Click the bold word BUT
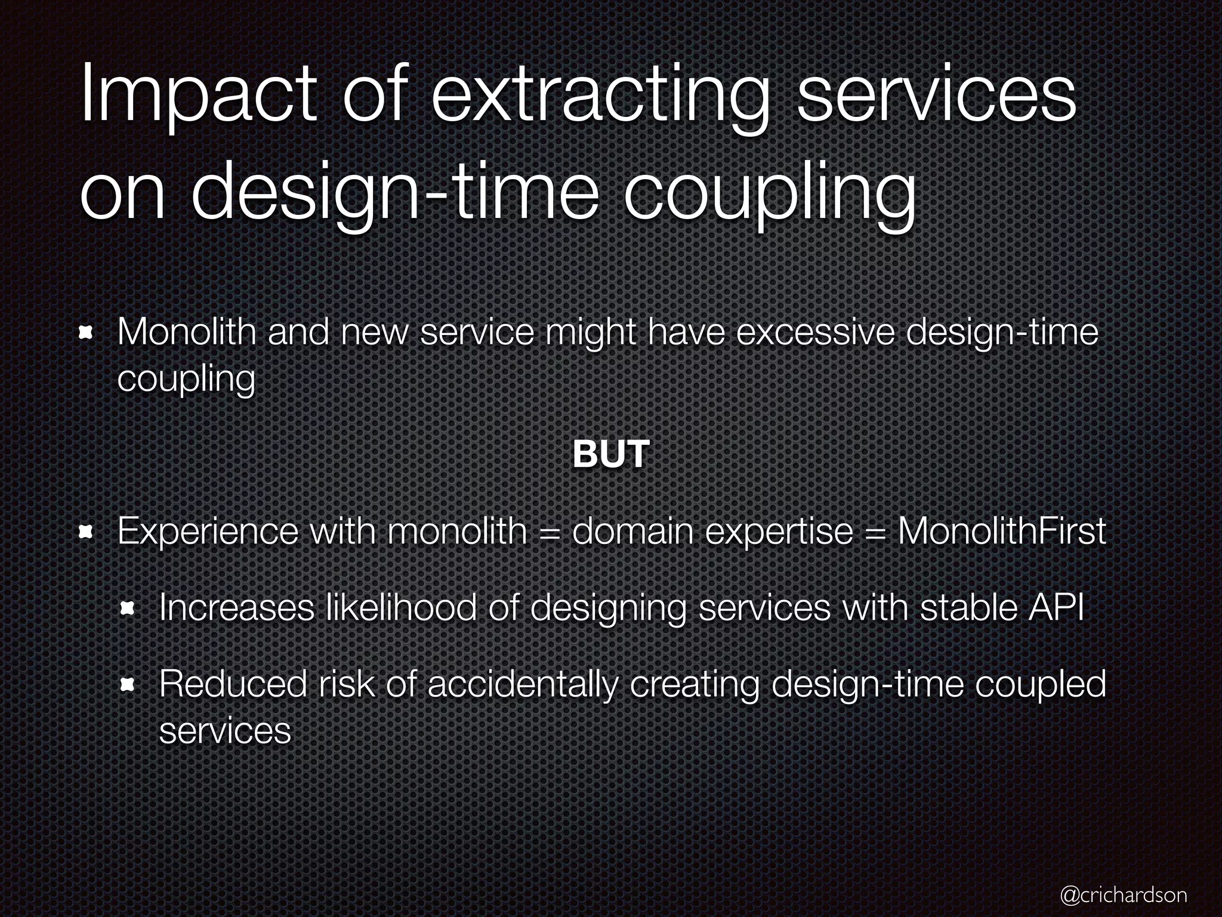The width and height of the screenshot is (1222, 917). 610,454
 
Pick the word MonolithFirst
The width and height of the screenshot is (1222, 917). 1002,531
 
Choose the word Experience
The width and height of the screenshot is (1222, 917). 208,531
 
